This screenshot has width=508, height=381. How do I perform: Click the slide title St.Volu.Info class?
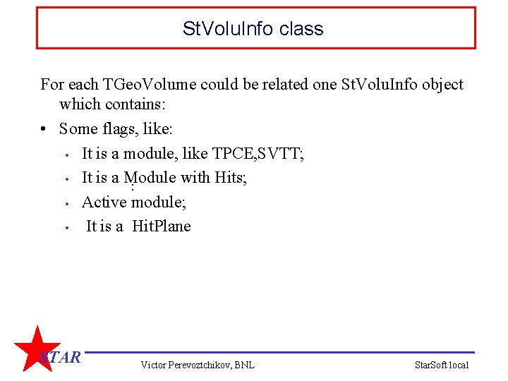pos(253,29)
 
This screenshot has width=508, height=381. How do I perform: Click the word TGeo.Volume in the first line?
pos(149,85)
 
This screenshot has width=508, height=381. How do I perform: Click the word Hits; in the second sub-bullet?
pos(230,177)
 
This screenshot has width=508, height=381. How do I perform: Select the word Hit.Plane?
pos(162,226)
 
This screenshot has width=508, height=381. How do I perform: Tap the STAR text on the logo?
pos(60,357)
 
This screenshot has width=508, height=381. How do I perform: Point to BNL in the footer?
pos(243,365)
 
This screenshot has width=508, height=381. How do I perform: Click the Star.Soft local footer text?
pos(442,365)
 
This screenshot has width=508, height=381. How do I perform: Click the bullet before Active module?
pos(66,203)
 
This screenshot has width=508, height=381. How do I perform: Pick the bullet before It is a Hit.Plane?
pos(66,227)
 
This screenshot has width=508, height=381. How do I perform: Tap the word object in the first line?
pos(442,85)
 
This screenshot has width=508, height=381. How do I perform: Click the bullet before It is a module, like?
pos(66,155)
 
